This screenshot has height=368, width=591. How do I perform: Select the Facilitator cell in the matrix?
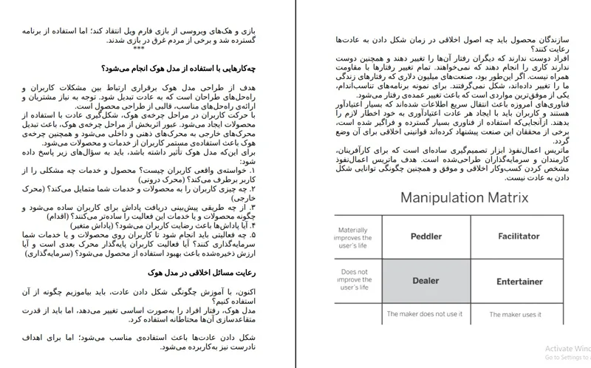(518, 236)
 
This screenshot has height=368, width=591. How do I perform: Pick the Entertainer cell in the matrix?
(519, 282)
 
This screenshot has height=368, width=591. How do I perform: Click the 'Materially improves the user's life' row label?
(353, 239)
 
